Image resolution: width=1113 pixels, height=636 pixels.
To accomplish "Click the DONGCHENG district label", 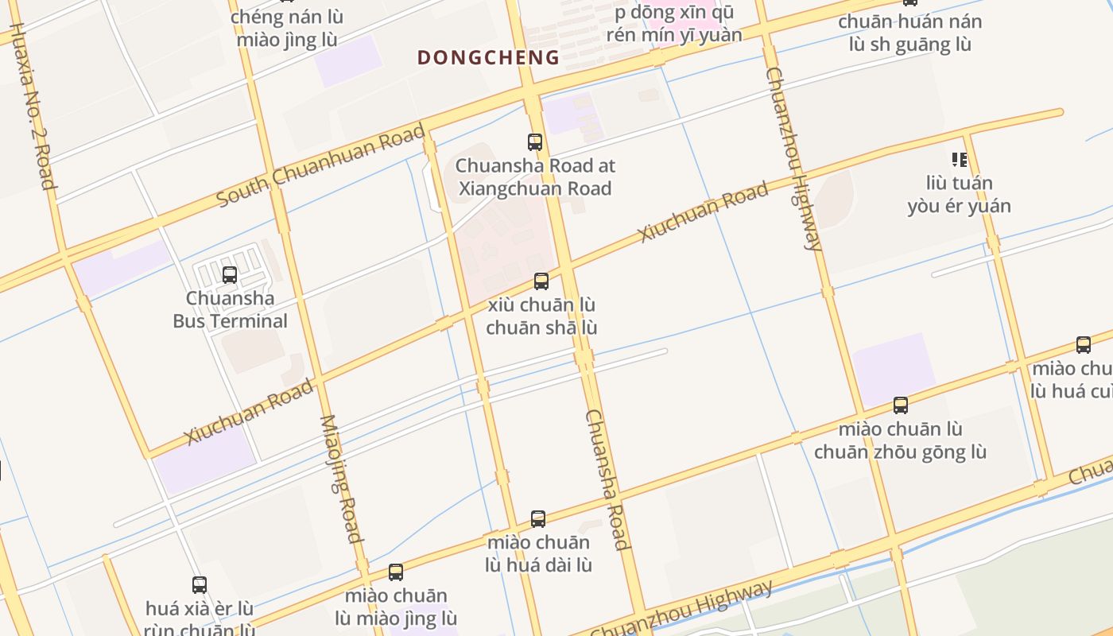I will (488, 57).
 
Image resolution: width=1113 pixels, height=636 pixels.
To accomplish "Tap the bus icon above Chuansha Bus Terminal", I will (230, 275).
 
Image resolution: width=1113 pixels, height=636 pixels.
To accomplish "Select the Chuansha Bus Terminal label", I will (231, 310).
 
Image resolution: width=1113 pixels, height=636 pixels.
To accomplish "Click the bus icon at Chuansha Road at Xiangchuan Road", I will (535, 142).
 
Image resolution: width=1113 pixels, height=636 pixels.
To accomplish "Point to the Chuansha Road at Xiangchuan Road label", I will (534, 177).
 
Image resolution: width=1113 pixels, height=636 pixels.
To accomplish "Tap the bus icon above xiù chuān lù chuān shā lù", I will (541, 281).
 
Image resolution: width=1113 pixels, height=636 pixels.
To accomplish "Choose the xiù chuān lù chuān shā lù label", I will (541, 316).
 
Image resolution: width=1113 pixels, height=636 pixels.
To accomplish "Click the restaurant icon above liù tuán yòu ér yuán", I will (960, 160).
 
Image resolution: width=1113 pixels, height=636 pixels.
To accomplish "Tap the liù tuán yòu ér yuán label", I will (960, 195).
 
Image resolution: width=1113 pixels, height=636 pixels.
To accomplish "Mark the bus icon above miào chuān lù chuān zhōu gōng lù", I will (901, 405).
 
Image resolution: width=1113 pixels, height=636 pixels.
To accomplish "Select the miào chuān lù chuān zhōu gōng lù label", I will (900, 440).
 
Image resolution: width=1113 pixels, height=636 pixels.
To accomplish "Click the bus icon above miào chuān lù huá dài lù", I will (538, 519).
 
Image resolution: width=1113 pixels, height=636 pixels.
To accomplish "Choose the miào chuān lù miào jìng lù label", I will (396, 607).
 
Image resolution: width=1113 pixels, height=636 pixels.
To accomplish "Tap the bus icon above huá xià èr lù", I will (200, 585).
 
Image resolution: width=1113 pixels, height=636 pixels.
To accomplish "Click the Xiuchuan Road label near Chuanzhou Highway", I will (703, 211).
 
